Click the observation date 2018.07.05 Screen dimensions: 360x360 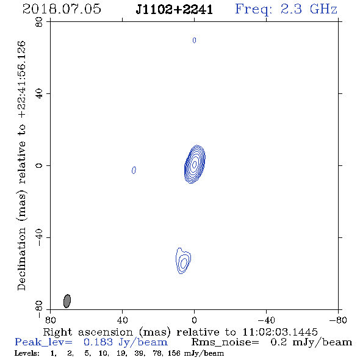point(62,9)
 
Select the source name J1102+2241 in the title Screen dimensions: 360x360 point(175,10)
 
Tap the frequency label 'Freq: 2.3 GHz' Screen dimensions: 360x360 point(286,10)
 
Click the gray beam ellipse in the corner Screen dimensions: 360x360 point(67,301)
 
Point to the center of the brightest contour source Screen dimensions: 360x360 point(195,164)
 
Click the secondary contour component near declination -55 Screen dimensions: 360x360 point(183,261)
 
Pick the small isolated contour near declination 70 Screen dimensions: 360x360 point(194,40)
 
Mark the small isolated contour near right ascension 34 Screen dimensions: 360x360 point(134,170)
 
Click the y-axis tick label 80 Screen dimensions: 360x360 point(39,22)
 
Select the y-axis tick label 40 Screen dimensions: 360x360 point(39,94)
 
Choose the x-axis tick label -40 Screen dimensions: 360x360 point(266,320)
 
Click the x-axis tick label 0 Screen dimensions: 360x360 point(194,320)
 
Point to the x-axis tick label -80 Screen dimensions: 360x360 point(338,320)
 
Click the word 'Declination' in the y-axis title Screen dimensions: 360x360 point(21,259)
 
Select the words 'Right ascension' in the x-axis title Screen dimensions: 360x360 point(88,332)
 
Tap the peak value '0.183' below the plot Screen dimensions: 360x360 point(98,342)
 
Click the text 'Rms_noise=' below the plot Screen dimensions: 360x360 point(225,342)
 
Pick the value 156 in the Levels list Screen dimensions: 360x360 point(174,353)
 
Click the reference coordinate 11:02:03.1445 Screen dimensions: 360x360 point(280,332)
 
